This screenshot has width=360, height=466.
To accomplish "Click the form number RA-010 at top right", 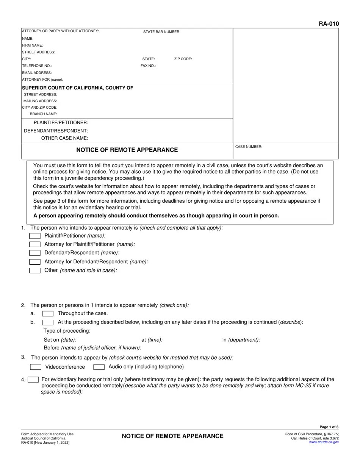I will [x=329, y=24].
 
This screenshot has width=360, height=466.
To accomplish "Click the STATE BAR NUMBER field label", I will [x=161, y=32].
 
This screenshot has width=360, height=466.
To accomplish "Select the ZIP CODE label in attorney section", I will [x=183, y=59].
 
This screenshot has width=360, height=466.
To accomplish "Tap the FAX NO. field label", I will [x=148, y=66].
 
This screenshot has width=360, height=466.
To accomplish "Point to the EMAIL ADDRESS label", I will [x=37, y=73].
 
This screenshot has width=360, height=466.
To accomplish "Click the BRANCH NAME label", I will [x=44, y=114].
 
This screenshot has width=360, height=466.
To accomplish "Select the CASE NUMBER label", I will [x=249, y=147].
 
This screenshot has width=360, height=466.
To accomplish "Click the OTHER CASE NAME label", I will [x=65, y=138].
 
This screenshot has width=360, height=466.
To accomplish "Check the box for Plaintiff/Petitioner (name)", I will [x=35, y=236].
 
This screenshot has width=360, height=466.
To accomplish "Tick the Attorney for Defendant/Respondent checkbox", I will [x=35, y=262].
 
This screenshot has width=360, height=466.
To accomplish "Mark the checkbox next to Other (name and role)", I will [x=35, y=271].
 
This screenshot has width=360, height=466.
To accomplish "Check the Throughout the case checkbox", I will [x=48, y=314].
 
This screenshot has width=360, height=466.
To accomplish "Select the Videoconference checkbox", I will [x=36, y=367].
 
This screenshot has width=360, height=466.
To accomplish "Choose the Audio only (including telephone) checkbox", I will [x=99, y=367].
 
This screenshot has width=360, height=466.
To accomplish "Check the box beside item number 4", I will [x=33, y=380].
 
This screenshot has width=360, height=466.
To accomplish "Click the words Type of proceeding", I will [x=67, y=331].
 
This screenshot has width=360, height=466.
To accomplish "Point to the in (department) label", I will [x=241, y=340].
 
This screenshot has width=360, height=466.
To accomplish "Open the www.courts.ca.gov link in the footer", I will [x=324, y=442].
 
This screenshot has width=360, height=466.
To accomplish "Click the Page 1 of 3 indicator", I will [x=329, y=427].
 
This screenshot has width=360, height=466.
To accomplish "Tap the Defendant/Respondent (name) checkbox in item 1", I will [x=35, y=253].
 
